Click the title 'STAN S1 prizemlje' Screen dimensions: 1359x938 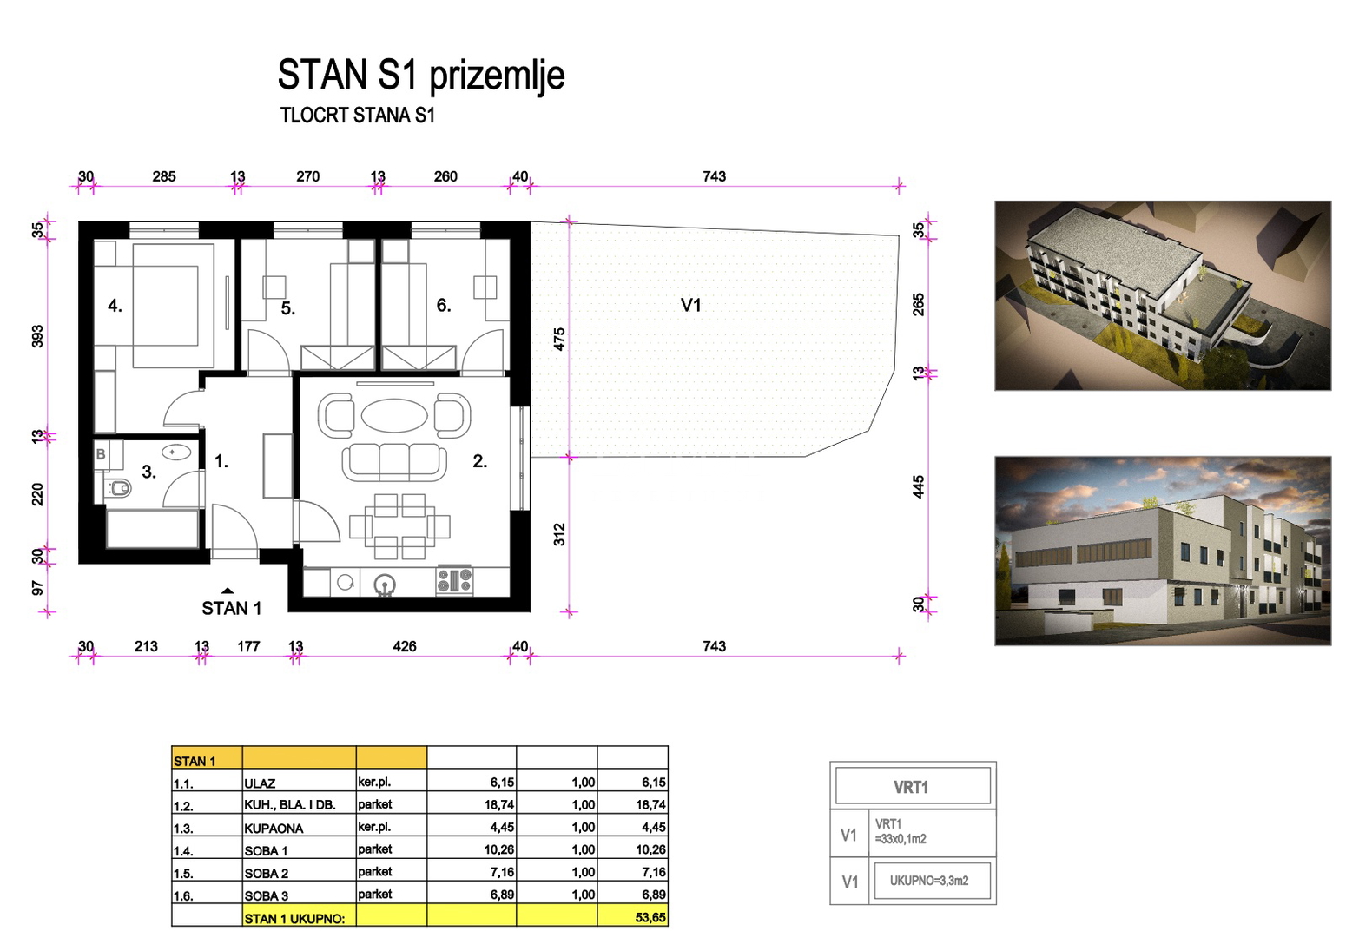point(421,76)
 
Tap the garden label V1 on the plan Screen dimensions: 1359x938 point(690,305)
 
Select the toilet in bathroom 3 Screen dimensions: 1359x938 point(117,487)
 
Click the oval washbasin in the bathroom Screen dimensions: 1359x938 point(176,452)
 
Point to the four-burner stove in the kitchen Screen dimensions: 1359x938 point(454,580)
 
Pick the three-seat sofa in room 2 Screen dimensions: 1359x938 point(394,462)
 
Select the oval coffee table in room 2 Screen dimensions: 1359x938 point(394,416)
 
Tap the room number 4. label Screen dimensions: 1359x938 point(115,306)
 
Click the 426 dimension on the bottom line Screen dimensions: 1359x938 point(405,647)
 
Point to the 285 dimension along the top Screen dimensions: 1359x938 point(164,176)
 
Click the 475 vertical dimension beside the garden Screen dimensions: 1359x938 point(559,340)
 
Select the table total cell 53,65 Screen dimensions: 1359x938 point(650,917)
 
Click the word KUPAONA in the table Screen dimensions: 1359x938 point(274,829)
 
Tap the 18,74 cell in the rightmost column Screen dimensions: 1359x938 point(650,805)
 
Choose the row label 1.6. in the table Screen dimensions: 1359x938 point(183,896)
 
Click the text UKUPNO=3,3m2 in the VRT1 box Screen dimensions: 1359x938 point(929,881)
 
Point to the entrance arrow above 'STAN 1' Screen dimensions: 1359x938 point(228,591)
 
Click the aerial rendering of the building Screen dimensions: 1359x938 point(1163,295)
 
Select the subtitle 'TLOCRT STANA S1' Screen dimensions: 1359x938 point(358,116)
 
